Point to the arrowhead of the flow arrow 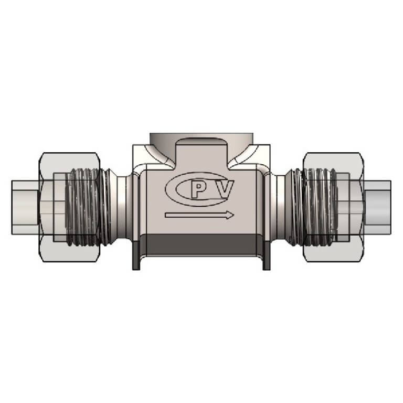click(x=229, y=215)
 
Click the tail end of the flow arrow click(x=167, y=215)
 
